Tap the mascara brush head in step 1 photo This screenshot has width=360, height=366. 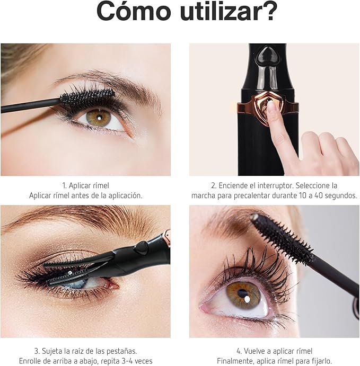tap(87, 99)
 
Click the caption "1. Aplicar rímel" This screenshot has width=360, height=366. tap(85, 185)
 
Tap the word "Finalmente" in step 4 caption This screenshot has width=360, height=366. tap(235, 361)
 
